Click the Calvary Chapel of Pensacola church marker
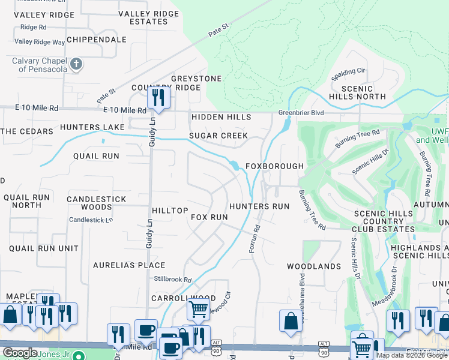pos(76,64)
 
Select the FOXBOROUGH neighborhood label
pos(274,166)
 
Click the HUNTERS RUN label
pos(259,206)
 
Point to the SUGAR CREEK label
pos(218,136)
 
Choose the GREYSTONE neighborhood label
pos(196,79)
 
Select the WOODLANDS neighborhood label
pos(313,266)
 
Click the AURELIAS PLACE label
pos(129,265)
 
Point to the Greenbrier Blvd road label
pos(301,112)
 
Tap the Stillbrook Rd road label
pos(172,280)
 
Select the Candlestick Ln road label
pos(91,220)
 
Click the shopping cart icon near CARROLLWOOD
pos(198,310)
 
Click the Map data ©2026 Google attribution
pos(412,355)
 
